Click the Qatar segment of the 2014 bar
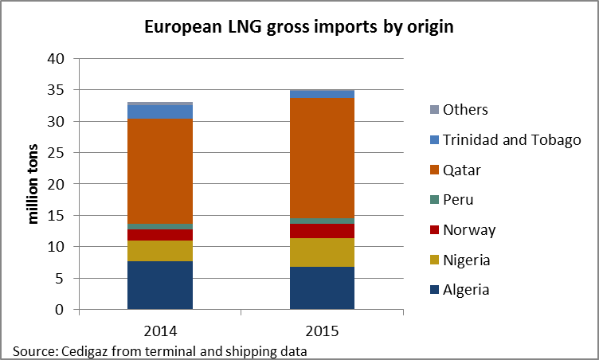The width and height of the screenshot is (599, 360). (x=159, y=171)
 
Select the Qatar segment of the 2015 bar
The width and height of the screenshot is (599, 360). (x=322, y=158)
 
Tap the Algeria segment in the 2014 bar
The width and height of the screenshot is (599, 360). (x=159, y=285)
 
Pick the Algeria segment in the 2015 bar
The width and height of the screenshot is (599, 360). (x=322, y=288)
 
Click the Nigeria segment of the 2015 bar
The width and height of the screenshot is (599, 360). (x=322, y=252)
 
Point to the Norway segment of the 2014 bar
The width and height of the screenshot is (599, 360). (x=159, y=235)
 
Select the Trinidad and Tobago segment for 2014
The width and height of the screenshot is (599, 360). (x=159, y=112)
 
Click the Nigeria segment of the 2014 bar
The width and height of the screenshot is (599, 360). (x=159, y=251)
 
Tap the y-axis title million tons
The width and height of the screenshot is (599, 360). (x=33, y=184)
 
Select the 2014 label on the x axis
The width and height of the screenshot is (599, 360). (x=160, y=328)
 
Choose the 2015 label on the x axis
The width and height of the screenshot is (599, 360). (x=322, y=328)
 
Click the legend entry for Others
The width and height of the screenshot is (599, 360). (x=465, y=110)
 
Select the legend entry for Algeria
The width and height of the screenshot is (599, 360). (x=466, y=290)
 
